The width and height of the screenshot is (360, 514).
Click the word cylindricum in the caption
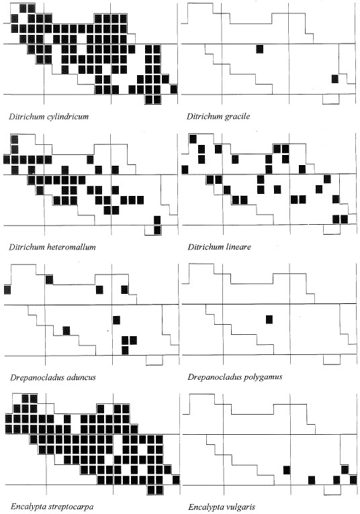(x=68, y=117)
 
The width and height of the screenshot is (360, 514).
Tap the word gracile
(x=236, y=117)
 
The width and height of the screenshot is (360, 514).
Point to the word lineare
(x=238, y=247)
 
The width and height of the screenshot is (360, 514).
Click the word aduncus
(x=81, y=377)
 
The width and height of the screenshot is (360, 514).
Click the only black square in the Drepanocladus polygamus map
(x=269, y=319)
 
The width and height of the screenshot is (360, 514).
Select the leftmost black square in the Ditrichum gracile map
(x=259, y=49)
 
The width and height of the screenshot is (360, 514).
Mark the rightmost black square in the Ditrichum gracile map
(x=334, y=79)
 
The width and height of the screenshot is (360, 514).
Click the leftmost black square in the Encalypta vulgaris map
(x=287, y=470)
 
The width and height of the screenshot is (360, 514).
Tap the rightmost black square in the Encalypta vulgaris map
(x=353, y=480)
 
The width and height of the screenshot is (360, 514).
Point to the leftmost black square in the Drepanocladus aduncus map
(x=7, y=290)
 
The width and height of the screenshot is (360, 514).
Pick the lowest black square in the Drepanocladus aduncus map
(x=125, y=350)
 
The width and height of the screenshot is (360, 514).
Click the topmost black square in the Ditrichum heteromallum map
(x=14, y=140)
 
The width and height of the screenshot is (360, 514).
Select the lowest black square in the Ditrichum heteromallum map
(x=157, y=230)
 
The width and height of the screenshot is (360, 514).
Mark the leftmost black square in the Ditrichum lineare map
(x=185, y=170)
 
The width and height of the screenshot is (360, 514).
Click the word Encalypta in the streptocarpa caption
(x=26, y=507)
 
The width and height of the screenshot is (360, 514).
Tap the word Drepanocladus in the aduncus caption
(x=37, y=377)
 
